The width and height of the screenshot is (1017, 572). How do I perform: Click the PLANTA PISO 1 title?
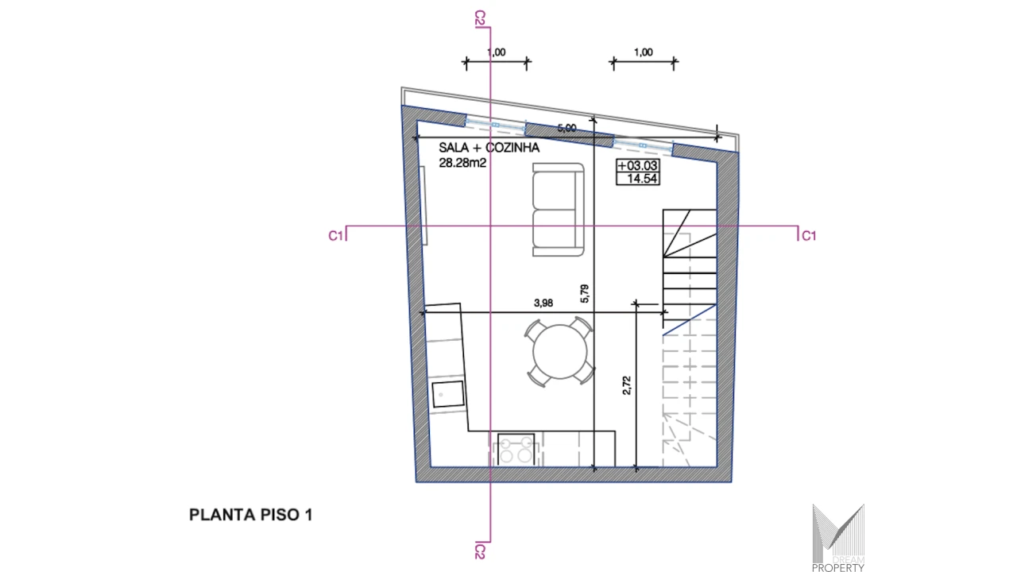(250, 515)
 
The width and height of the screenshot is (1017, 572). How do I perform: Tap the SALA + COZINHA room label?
(489, 148)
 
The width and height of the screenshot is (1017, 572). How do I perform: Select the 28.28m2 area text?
(462, 163)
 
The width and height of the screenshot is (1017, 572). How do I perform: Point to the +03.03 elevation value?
(637, 165)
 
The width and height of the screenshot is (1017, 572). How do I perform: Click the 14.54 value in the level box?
(641, 179)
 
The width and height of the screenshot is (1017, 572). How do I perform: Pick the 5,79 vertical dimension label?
(584, 294)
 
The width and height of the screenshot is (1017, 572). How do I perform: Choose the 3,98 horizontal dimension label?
(543, 303)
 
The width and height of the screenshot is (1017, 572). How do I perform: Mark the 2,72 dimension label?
(627, 385)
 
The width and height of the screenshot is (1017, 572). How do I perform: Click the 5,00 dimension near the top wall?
(567, 128)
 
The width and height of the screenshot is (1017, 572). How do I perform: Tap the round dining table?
(560, 351)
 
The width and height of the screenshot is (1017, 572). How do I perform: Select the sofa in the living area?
(558, 210)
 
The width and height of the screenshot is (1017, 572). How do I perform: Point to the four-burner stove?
(516, 450)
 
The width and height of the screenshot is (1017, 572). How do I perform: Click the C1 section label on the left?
(335, 236)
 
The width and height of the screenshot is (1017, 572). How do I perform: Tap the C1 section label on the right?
(809, 236)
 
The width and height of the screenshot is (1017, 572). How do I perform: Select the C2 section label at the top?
(480, 18)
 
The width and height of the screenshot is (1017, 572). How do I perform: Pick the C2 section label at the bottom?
(480, 552)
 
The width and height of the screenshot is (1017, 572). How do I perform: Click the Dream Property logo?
(838, 538)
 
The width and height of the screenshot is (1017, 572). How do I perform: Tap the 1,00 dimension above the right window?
(644, 52)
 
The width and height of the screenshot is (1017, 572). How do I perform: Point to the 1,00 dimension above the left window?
(497, 52)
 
